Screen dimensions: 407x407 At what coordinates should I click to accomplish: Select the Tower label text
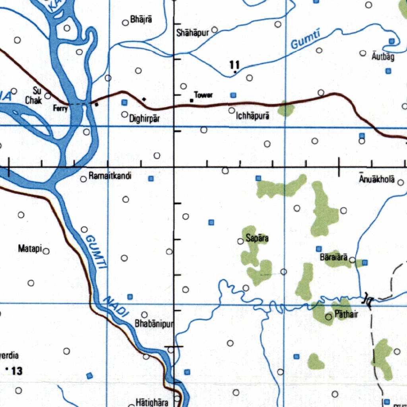203,95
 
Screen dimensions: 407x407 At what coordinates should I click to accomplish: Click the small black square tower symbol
192,101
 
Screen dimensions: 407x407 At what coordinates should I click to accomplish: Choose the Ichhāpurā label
253,116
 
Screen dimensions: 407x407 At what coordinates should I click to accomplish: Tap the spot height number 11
235,64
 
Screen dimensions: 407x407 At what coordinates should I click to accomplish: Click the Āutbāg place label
383,57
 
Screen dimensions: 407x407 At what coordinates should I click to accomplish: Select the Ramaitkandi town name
110,176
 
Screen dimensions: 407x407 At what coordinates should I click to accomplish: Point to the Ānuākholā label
377,179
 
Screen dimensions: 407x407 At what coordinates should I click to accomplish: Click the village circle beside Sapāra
240,241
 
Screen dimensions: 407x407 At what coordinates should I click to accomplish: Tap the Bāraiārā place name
334,258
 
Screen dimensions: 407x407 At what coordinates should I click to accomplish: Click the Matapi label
30,249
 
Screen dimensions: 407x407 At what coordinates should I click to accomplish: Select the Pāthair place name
347,314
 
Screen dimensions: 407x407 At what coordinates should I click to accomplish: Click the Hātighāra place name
151,402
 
